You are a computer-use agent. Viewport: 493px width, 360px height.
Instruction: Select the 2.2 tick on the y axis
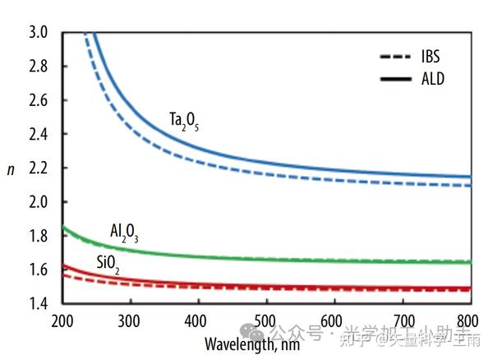coord(39,168)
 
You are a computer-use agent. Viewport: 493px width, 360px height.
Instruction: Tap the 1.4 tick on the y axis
coord(39,304)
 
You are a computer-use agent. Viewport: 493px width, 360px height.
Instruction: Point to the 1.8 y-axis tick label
coord(39,236)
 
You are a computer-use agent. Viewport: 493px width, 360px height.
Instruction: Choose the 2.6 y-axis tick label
coord(39,100)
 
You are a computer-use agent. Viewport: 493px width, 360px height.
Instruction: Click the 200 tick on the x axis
coord(63,319)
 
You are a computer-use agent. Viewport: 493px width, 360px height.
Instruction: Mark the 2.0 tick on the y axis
coord(39,202)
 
